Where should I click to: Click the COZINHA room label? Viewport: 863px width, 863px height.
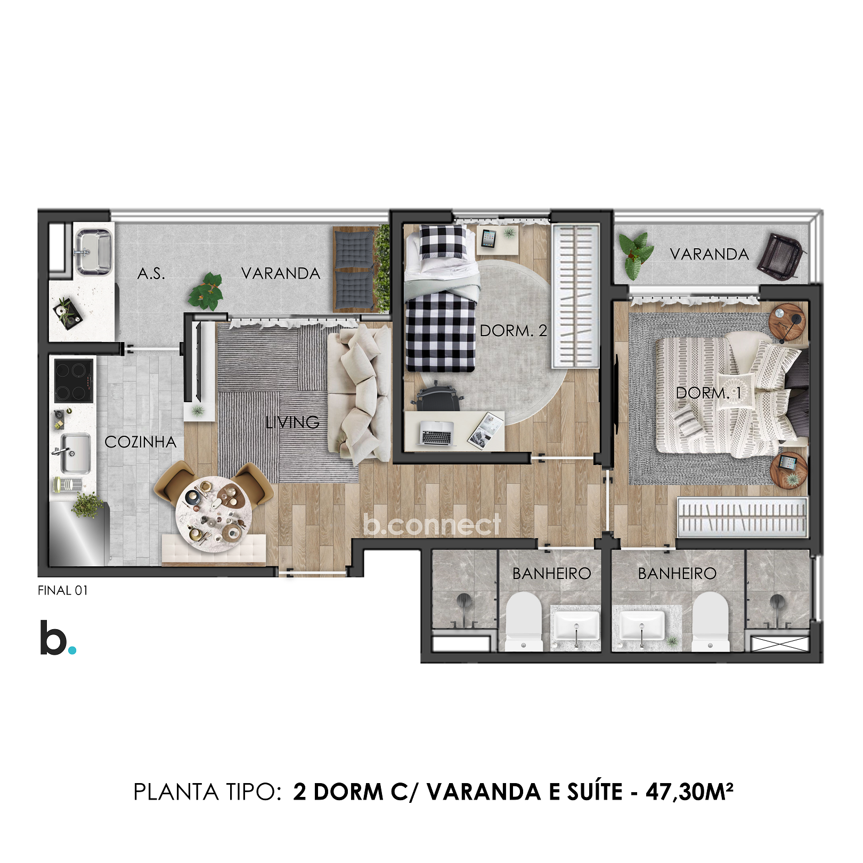pos(140,442)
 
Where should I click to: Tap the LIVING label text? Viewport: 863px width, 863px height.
pos(292,422)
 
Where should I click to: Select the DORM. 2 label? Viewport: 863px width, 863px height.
pos(513,331)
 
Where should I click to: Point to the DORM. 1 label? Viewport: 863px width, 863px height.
pos(708,393)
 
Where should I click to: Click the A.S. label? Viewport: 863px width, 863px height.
pos(151,274)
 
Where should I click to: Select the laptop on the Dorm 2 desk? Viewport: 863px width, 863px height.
pos(436,433)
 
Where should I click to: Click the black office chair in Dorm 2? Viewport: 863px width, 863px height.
pos(437,397)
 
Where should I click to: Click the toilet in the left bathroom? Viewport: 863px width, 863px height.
pos(523,621)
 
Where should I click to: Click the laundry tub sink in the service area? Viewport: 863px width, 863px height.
pos(94,250)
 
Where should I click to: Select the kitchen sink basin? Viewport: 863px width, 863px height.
pos(75,453)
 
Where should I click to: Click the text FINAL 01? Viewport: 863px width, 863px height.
pos(62,590)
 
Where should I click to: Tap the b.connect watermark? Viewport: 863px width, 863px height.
pos(431,525)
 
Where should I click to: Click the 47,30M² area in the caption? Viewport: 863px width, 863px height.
pos(689,792)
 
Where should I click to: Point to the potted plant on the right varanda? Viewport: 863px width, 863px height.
pos(636,255)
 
